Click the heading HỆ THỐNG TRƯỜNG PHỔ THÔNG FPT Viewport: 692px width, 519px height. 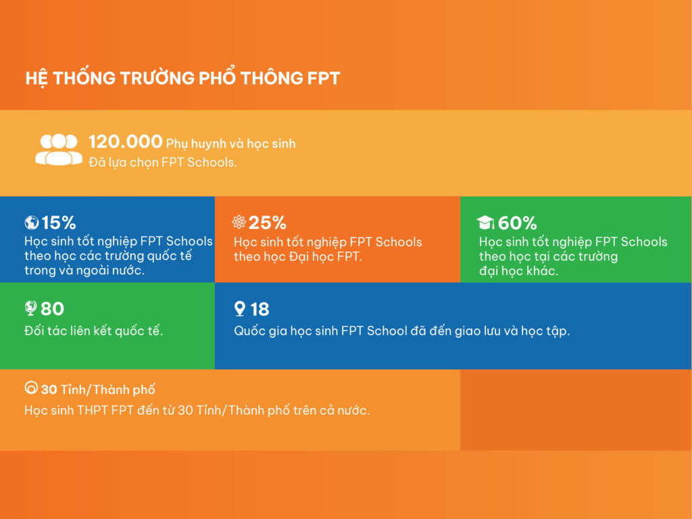click(182, 78)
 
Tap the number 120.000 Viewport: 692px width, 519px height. click(126, 142)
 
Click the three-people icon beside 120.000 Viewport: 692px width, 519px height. click(59, 149)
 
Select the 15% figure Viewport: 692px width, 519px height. click(59, 222)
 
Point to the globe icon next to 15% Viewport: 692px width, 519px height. click(31, 222)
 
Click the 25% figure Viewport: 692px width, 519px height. click(268, 222)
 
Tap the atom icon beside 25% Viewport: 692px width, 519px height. click(239, 222)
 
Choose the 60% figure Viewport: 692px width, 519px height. click(517, 222)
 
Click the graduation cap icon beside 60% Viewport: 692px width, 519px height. click(485, 222)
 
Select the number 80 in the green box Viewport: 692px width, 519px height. click(52, 309)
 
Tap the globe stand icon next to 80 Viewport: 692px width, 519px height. click(30, 309)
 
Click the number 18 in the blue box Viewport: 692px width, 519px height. click(259, 309)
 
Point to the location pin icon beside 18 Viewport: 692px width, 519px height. click(239, 309)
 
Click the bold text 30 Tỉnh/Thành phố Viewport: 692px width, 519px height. click(98, 390)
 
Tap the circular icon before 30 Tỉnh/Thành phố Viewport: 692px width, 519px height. click(30, 389)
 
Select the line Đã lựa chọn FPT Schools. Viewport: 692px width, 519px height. click(163, 162)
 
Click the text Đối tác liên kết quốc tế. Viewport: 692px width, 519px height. click(94, 331)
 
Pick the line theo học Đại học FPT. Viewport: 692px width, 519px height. click(298, 257)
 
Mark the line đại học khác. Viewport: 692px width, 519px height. click(519, 272)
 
